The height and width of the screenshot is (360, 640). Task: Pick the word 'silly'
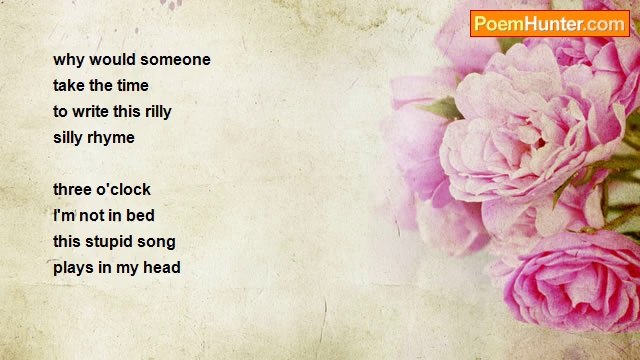coord(69,138)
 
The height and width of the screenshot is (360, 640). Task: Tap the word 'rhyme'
coord(112,138)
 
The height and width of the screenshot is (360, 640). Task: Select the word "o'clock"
coord(126,190)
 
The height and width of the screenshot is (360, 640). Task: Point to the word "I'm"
coord(66,216)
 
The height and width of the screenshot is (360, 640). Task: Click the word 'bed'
coord(141,216)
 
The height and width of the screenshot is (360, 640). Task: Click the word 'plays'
coord(74,268)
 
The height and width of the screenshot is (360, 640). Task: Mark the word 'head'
coord(163,268)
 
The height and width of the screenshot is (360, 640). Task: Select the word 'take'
coord(71,86)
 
